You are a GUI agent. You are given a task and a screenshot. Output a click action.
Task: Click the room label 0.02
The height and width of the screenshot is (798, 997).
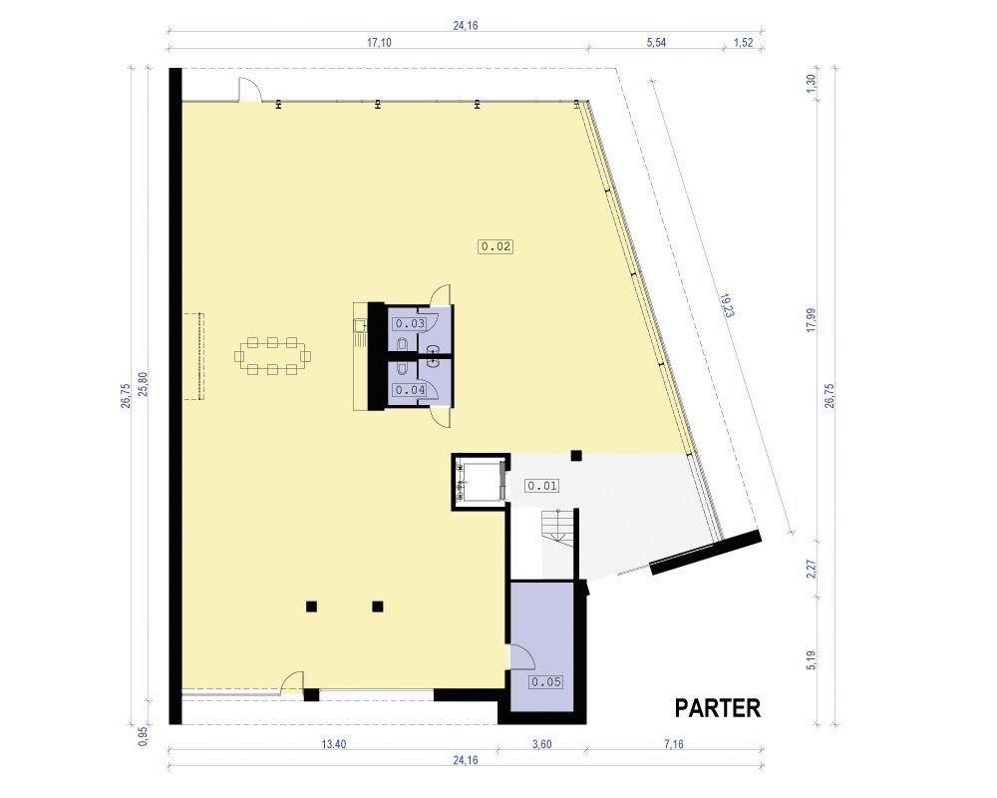tap(496, 246)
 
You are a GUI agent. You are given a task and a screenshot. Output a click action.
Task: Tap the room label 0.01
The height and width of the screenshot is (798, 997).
tap(541, 486)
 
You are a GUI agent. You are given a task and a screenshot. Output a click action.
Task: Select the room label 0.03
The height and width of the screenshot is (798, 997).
tap(410, 323)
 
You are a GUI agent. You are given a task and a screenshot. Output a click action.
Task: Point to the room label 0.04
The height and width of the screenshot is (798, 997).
tap(410, 389)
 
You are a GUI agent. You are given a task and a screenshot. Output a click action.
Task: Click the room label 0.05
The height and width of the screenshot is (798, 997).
tap(546, 682)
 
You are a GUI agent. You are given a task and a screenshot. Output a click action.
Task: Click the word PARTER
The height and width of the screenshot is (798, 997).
tap(717, 708)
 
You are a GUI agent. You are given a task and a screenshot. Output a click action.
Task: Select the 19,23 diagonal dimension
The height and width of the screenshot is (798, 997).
tap(727, 306)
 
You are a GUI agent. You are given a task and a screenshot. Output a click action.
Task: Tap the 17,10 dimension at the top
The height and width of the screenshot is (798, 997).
tap(379, 43)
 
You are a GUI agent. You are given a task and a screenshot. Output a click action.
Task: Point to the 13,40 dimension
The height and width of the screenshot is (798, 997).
tap(333, 744)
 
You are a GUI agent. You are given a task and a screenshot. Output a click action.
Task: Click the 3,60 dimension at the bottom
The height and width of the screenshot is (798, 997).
tap(541, 744)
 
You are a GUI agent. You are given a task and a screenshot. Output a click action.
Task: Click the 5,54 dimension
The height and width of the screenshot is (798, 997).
tap(656, 43)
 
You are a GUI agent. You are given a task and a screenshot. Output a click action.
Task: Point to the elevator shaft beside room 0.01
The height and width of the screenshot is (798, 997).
tap(481, 482)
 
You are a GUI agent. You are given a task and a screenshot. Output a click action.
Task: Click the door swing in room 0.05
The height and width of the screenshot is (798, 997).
tap(522, 656)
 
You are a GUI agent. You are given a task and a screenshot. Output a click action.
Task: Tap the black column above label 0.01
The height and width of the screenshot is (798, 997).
tap(576, 455)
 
